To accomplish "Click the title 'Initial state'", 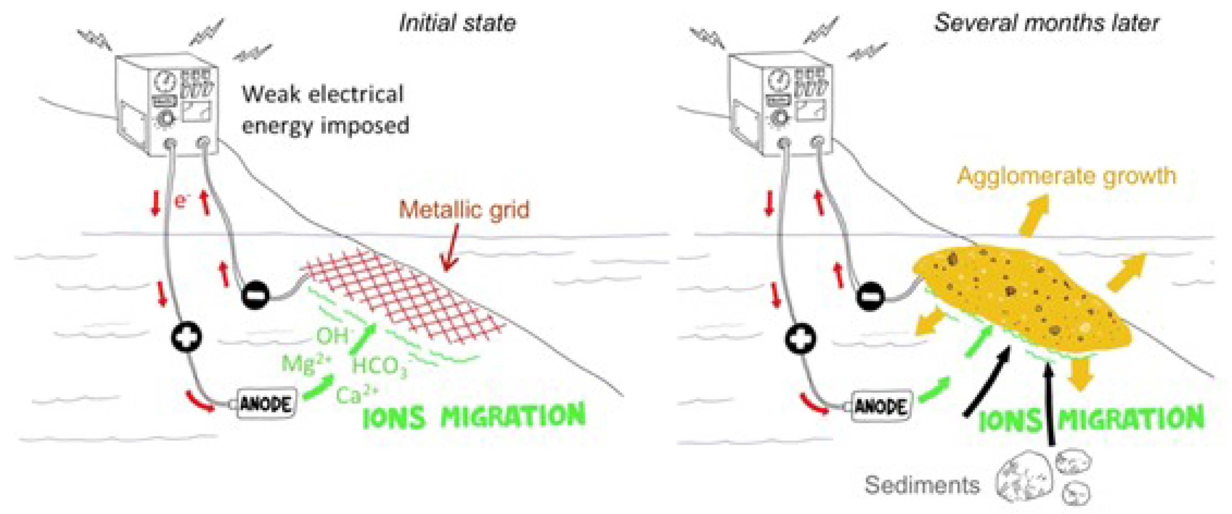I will click(457, 23).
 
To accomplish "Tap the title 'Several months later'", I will click(1046, 23).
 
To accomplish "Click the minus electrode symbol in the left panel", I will click(255, 296).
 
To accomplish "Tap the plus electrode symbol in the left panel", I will click(186, 338).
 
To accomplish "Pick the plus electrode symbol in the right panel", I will click(800, 339).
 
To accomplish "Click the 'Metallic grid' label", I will click(464, 210).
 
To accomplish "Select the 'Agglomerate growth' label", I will click(1066, 176).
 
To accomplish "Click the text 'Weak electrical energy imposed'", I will click(325, 110).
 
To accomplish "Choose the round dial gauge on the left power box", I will click(164, 82).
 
